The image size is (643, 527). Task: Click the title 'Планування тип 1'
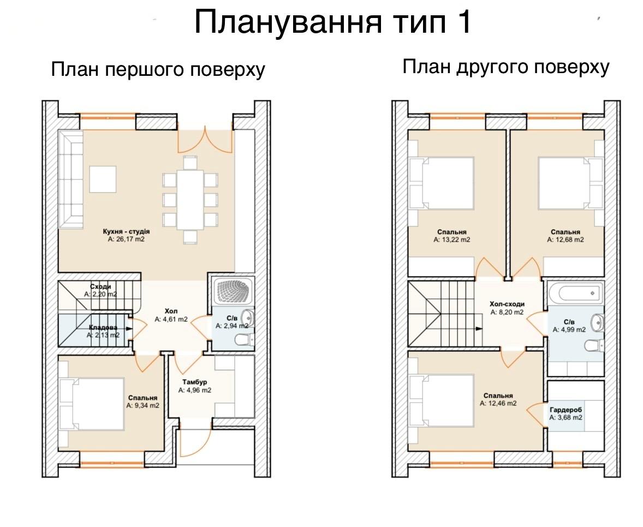(333, 22)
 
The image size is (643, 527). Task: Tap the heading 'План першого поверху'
(158, 69)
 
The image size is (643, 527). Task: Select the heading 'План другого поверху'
(505, 67)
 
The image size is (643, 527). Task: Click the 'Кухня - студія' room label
(126, 231)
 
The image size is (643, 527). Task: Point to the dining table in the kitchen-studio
(190, 200)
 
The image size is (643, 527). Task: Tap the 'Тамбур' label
(195, 382)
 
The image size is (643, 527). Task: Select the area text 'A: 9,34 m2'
(142, 406)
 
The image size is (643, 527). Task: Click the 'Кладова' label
(103, 327)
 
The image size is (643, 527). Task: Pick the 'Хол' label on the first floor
(171, 311)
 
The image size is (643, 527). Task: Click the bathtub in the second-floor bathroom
(575, 293)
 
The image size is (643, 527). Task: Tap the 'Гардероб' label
(566, 410)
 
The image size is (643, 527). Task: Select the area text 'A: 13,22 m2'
(452, 239)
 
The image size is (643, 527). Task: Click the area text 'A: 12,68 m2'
(565, 239)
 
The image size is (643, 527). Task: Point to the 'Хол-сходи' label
(507, 304)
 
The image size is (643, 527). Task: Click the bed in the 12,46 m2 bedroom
(442, 403)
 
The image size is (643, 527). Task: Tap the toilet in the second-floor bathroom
(594, 346)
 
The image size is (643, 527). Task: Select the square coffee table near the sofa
(103, 179)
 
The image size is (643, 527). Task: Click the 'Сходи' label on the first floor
(100, 286)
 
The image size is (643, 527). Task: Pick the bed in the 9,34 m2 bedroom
(92, 404)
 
